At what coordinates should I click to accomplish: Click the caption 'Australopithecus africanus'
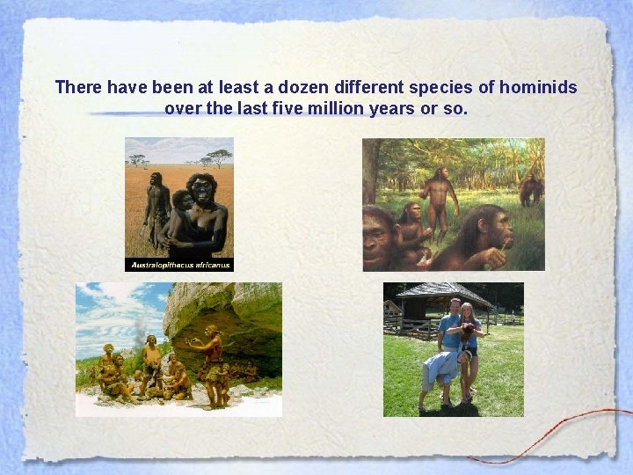[x=179, y=264]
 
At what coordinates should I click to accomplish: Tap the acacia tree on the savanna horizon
[x=218, y=157]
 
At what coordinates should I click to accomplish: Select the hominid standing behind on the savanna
[x=156, y=207]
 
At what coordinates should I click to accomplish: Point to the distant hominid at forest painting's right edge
[x=530, y=188]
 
